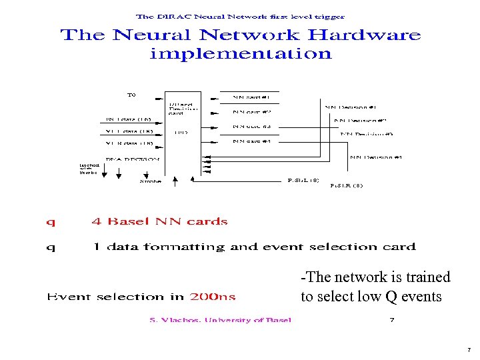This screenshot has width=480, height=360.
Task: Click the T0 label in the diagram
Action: [x=131, y=95]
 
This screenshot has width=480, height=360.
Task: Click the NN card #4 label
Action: [x=252, y=141]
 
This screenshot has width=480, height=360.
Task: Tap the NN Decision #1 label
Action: [x=351, y=107]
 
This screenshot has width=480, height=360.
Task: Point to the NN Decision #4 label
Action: [x=376, y=157]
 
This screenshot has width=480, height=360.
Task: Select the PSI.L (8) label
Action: [x=303, y=180]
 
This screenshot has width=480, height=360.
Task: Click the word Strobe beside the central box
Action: [x=151, y=181]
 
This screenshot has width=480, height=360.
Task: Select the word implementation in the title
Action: [x=241, y=54]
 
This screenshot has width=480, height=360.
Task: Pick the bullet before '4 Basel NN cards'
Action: [x=51, y=222]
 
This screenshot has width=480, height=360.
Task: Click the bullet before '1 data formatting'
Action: [x=51, y=247]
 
